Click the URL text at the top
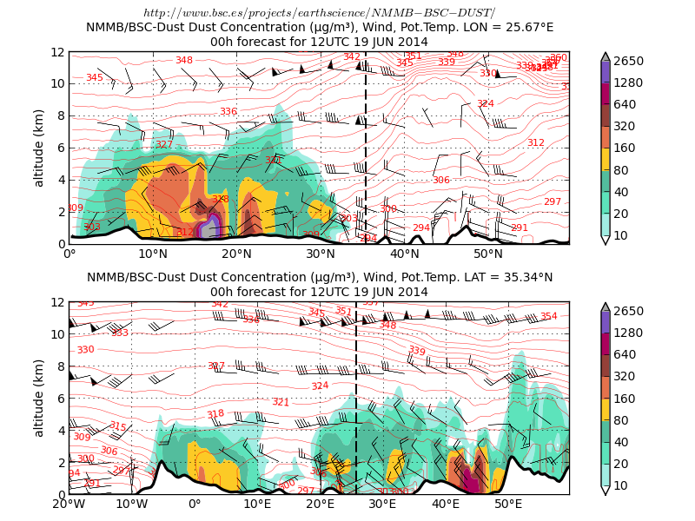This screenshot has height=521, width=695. point(319,12)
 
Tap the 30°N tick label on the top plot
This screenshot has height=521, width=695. point(321,254)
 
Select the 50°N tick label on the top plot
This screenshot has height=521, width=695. point(488,254)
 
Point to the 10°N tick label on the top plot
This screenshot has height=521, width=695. point(153,254)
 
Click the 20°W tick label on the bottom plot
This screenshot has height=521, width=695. point(69,504)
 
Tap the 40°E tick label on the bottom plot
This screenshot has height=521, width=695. point(446,504)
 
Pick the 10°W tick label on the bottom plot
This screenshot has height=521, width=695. point(131,504)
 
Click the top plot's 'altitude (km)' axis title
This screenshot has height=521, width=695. point(38,148)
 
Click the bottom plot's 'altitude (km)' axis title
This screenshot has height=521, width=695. point(38,398)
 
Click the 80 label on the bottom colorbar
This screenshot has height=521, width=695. point(625,420)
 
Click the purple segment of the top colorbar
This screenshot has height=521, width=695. point(606,72)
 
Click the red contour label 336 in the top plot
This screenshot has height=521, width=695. point(228,111)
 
